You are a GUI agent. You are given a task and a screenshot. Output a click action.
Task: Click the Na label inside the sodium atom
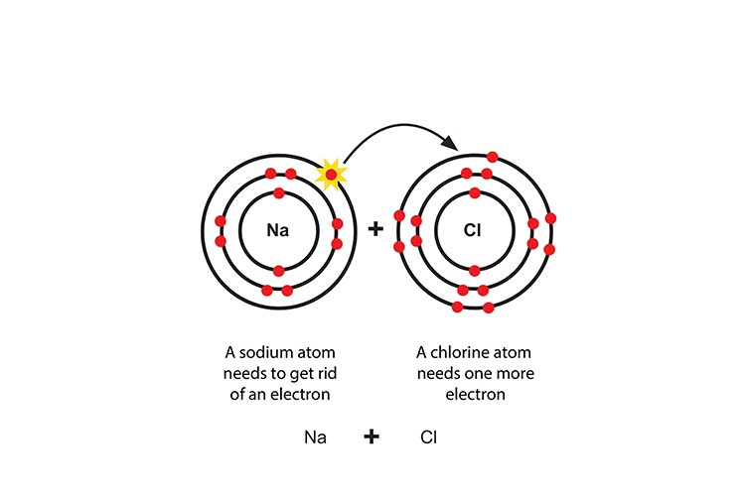278,230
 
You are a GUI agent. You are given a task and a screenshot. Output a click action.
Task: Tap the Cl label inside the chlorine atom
473,230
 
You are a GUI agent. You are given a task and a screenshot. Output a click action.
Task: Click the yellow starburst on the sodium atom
331,176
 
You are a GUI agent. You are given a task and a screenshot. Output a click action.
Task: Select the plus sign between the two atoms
375,229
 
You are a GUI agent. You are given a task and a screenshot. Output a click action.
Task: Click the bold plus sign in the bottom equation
372,435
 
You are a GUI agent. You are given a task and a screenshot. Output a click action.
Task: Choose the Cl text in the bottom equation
428,436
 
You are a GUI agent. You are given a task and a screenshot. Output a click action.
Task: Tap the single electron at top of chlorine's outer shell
492,157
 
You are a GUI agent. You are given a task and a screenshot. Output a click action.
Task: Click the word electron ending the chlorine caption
474,394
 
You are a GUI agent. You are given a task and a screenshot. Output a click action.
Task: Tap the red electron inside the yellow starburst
331,176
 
